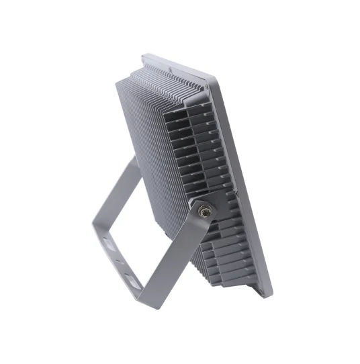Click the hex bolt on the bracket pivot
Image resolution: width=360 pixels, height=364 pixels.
coord(204,209)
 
